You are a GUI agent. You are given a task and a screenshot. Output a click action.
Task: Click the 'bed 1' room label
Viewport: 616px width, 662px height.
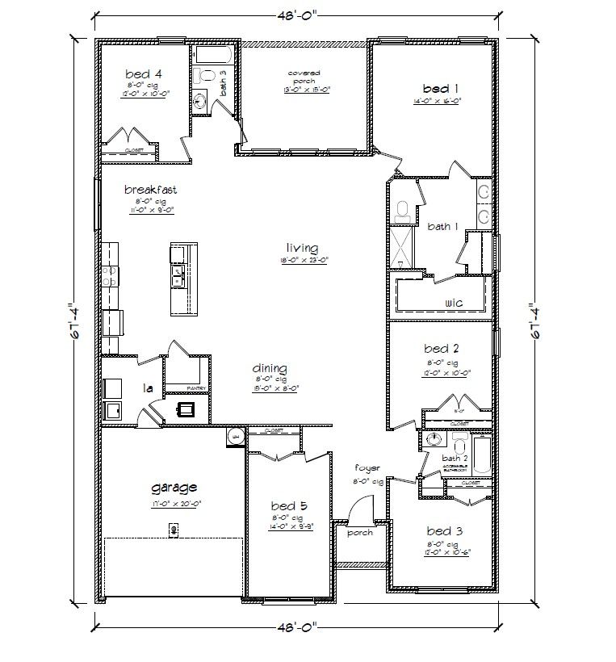(441, 88)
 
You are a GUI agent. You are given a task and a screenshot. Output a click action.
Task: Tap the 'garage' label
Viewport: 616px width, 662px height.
(174, 488)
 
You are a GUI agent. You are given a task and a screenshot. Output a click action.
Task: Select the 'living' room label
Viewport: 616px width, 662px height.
(301, 248)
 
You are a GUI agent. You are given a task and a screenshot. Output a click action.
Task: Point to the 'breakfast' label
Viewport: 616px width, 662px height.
(150, 190)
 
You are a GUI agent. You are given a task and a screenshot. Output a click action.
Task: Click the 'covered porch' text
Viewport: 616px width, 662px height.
(304, 78)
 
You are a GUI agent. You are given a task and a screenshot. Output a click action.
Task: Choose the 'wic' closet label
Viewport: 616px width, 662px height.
(453, 303)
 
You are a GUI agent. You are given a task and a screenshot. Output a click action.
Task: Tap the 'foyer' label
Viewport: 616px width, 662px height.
(367, 467)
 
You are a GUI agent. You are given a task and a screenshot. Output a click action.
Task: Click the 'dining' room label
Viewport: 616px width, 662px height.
(270, 369)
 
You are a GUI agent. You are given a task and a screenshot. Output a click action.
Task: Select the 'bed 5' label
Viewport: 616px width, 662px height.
(287, 507)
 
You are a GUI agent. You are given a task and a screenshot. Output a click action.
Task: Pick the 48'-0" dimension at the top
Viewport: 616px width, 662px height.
(295, 14)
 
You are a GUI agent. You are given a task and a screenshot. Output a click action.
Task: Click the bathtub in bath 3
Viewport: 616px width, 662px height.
(213, 56)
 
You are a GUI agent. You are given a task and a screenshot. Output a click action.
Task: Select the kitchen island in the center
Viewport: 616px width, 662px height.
(182, 279)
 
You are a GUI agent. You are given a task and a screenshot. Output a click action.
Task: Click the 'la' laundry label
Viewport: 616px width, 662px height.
(148, 388)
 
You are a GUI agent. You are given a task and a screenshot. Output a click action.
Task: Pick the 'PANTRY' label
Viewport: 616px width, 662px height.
(199, 388)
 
